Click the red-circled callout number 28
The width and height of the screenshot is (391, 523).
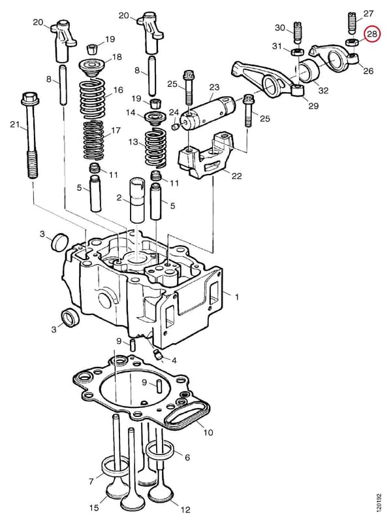pos(371,34)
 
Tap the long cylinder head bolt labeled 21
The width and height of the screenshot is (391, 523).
pos(30,135)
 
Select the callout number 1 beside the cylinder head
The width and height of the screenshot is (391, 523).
pos(237,297)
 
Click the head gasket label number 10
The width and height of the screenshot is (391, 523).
pos(208,433)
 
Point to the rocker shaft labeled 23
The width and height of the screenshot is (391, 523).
pos(208,111)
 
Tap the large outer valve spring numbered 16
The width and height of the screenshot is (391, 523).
pos(92,98)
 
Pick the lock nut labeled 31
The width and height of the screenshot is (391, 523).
pos(298,52)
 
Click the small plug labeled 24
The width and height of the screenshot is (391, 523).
pos(175,127)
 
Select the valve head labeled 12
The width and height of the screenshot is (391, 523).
pos(161,499)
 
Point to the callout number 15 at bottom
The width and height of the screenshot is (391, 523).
pos(94,508)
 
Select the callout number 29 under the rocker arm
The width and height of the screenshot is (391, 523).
pos(313,106)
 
